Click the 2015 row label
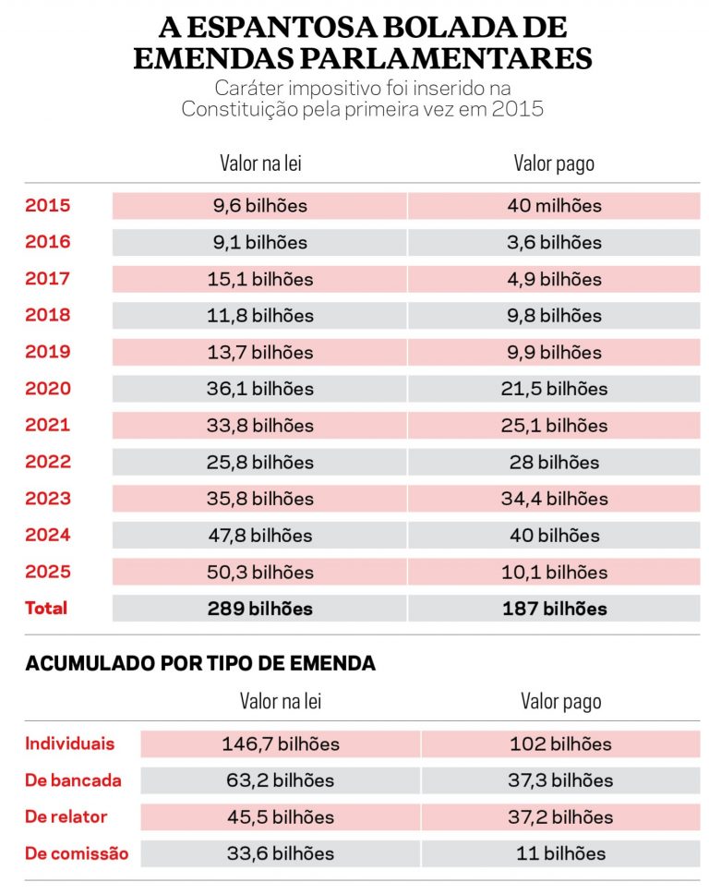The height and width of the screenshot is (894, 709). pos(47,206)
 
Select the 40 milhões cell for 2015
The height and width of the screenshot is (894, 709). pos(554,206)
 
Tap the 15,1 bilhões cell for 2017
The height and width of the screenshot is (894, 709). pos(259,279)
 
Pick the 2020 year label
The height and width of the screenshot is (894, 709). pos(47,389)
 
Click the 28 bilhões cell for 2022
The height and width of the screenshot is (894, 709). pos(554,462)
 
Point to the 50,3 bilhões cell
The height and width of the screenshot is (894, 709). pos(259,572)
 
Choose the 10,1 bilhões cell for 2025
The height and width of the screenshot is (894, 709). pos(554,572)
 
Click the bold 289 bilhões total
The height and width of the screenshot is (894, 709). pos(259,609)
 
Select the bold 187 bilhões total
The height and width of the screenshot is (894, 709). pos(554,609)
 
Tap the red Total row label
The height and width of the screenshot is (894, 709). pos(46,609)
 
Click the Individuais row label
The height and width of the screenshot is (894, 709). pos(70,743)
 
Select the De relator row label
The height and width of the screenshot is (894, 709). pos(66,816)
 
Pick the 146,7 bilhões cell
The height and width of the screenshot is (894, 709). pos(281,743)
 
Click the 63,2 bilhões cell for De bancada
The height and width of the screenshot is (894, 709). pos(281,780)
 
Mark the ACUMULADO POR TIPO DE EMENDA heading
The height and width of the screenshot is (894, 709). pos(200,664)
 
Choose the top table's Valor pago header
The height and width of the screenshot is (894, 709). pos(554,163)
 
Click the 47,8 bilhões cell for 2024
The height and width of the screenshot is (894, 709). pos(259,535)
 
